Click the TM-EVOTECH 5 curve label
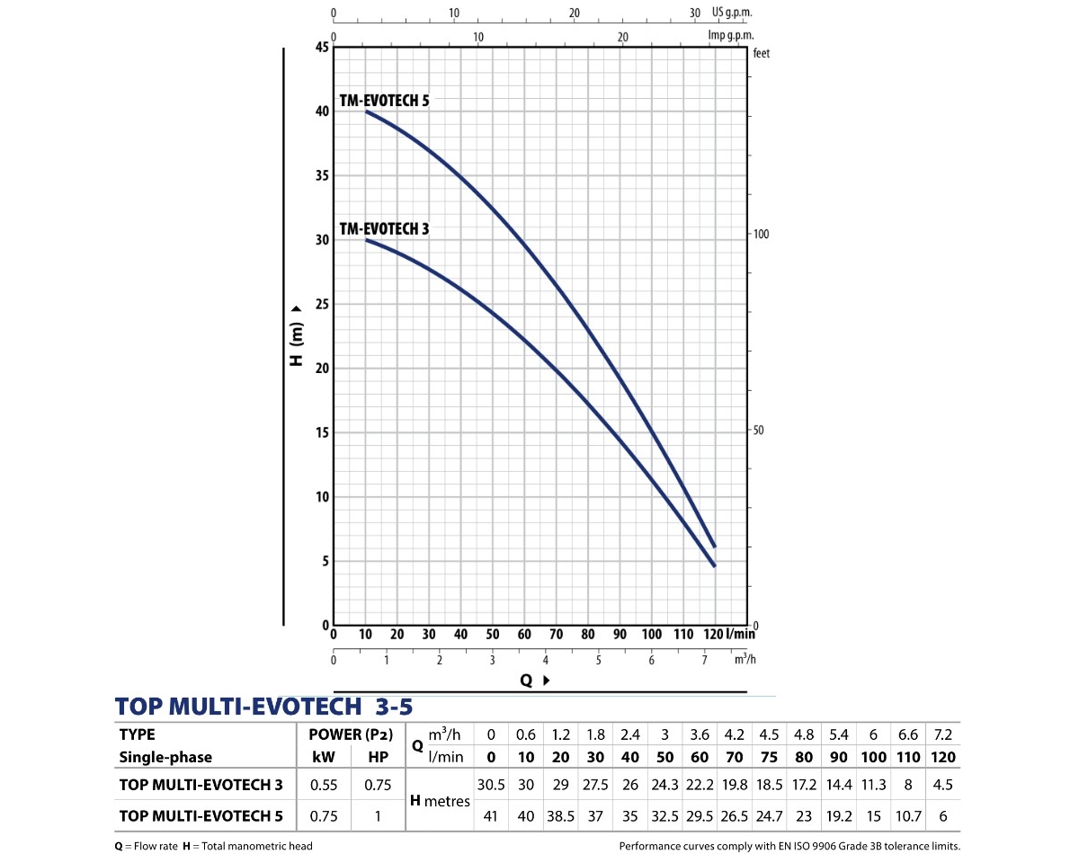pos(384,101)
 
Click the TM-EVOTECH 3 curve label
pos(384,229)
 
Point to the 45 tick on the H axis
pos(322,47)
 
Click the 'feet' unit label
pos(762,53)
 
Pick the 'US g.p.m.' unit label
pos(731,13)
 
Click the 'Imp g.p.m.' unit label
pos(730,34)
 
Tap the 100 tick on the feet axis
pos(761,234)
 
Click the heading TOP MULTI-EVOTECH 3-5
pos(264,706)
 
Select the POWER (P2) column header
pos(351,734)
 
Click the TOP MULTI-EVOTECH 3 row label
pos(201,785)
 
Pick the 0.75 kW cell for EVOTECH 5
pos(323,816)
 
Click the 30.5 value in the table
pos(491,785)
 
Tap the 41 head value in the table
pos(491,816)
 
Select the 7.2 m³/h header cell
pos(943,734)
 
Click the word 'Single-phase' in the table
pos(165,757)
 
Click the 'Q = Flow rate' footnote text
pos(144,846)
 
